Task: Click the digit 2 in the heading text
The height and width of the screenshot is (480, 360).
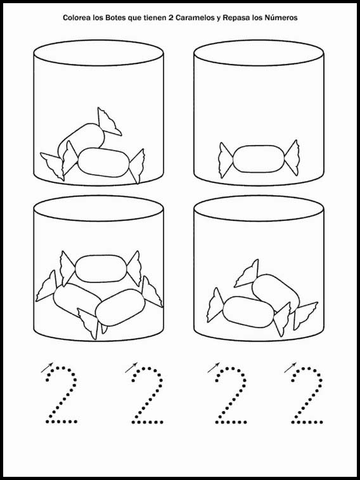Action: point(170,18)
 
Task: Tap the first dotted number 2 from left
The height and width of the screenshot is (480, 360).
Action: point(61,395)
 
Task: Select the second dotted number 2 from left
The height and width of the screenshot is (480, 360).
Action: point(147,395)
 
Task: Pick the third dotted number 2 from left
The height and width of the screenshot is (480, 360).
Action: point(231,395)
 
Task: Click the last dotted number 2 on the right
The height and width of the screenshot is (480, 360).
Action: point(307,395)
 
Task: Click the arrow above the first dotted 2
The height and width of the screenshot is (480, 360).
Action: point(47,368)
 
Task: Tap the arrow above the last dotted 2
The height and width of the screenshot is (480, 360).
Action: point(290,368)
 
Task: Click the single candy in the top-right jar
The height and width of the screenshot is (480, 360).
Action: point(259,159)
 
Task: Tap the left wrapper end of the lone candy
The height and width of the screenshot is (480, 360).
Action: point(225,160)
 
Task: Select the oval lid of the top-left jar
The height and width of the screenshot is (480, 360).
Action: point(98,53)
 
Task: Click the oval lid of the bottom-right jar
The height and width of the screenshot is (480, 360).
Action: point(259,208)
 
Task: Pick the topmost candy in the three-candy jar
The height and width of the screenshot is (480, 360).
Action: point(101,268)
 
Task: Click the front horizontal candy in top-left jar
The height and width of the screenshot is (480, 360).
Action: point(103,163)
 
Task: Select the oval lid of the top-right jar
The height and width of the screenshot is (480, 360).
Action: point(259,53)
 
